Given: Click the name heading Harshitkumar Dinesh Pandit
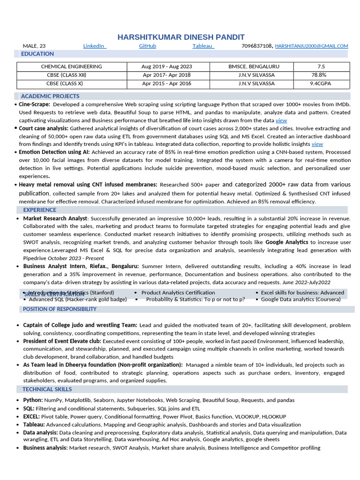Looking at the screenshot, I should coord(180,37).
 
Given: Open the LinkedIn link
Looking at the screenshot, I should coord(94,46).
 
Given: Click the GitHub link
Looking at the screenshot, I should coord(148,46).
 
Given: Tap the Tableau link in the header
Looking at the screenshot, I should coord(203,46).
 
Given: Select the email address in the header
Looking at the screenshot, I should coord(311,46).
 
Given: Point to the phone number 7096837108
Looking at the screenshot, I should coord(256,46).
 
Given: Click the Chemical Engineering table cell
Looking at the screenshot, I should coord(71,67).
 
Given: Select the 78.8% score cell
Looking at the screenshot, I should coord(319,75).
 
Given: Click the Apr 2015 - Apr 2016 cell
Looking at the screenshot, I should coord(166,83).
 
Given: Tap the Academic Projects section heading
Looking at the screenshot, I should coord(50,96).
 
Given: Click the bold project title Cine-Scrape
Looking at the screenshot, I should coord(34,105).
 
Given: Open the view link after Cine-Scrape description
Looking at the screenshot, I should coord(281,120).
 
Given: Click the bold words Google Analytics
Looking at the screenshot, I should coord(287,242).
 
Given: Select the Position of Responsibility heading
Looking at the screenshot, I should coord(60,309).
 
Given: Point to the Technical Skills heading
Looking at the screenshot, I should coord(47,389).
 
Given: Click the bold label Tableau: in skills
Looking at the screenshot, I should coord(34,425).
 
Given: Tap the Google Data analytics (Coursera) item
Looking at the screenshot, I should coord(300,299).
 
